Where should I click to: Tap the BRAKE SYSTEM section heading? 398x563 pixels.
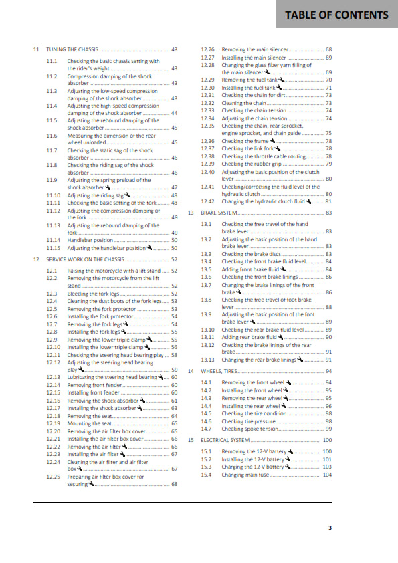(x=219, y=213)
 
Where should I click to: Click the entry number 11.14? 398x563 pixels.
(x=54, y=239)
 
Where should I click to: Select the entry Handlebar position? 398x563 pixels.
(x=90, y=239)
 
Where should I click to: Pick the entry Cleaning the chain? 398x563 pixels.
(x=243, y=103)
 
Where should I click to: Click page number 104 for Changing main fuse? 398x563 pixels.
(x=327, y=475)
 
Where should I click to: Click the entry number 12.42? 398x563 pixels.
(x=207, y=201)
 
